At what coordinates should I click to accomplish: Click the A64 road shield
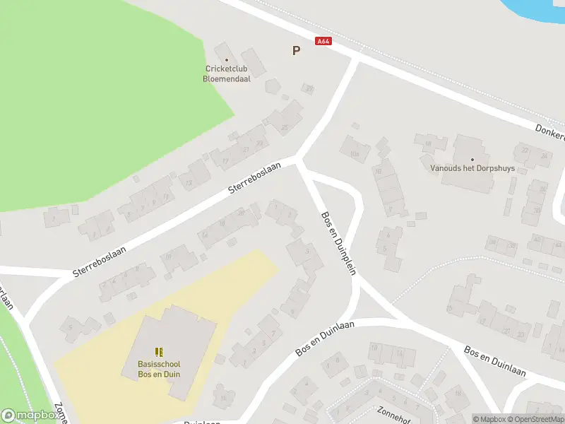tap(323, 42)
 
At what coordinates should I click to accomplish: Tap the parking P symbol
tap(296, 50)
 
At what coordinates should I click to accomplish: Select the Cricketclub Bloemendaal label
tap(227, 73)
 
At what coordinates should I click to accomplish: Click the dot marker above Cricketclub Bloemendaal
tap(227, 60)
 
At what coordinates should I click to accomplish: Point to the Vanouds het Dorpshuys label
tap(472, 169)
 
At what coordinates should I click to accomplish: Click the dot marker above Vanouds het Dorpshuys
tap(472, 160)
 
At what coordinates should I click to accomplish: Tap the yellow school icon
tap(159, 351)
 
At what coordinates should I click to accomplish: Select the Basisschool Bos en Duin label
tap(159, 369)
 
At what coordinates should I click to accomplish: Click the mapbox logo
tap(30, 416)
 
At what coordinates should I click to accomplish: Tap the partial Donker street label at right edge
tap(549, 131)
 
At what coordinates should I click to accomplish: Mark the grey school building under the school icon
tap(173, 332)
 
